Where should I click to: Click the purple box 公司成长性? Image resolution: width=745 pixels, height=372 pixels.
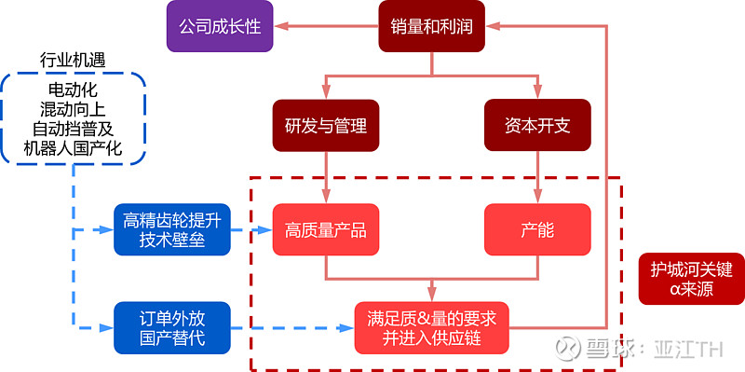(220, 26)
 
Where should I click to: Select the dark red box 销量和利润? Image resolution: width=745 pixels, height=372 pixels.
(432, 26)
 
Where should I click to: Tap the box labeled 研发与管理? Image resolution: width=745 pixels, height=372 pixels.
(326, 125)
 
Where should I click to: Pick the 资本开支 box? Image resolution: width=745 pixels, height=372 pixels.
(537, 125)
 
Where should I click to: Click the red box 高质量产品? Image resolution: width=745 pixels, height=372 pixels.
(326, 229)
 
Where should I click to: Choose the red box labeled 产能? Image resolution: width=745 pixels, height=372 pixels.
(537, 229)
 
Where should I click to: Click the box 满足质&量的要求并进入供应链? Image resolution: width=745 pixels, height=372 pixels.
(432, 328)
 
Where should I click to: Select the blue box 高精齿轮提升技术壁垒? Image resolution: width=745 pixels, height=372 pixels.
(171, 229)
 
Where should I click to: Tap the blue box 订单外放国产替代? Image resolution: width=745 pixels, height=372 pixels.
(171, 328)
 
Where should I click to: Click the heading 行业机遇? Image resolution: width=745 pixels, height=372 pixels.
(73, 60)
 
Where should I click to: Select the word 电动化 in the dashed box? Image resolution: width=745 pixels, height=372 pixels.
(73, 90)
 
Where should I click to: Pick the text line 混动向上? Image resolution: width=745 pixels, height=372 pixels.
(73, 109)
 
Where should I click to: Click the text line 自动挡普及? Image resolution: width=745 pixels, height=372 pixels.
(73, 129)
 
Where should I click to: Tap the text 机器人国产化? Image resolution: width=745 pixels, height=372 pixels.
(73, 148)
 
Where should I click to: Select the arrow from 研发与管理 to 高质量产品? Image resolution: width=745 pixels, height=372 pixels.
(326, 177)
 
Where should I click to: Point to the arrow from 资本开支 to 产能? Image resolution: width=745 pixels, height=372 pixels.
(537, 177)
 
